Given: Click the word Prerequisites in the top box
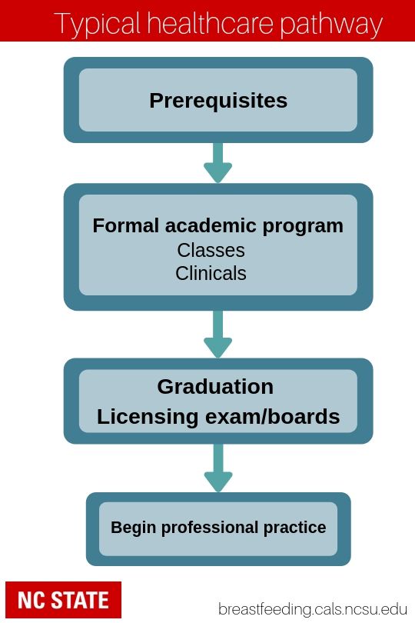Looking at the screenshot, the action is (x=218, y=101).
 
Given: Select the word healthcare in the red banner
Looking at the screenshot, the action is (x=210, y=23).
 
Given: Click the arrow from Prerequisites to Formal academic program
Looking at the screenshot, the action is (x=218, y=163).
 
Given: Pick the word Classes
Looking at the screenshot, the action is (x=211, y=250).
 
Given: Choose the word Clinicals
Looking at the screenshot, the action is (x=211, y=273).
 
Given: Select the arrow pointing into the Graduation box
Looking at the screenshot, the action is (x=218, y=334).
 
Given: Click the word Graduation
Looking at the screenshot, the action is (x=215, y=387).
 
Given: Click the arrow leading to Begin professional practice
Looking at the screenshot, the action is (x=218, y=468).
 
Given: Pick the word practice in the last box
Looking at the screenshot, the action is (x=294, y=528).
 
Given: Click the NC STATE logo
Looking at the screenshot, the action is (x=64, y=600).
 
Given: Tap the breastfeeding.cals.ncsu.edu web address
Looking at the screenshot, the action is (x=313, y=608).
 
